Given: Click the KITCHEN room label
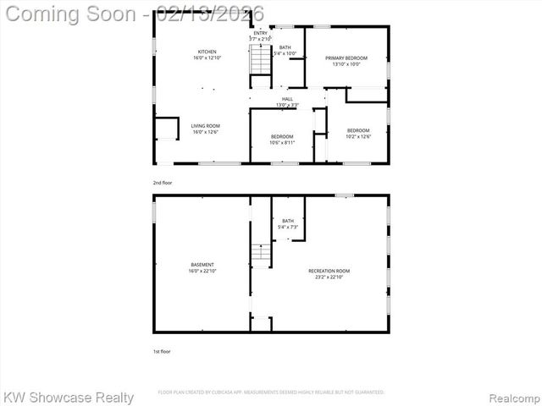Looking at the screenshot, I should (207, 52).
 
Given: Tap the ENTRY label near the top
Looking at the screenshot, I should (260, 33).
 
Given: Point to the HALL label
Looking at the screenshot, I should (287, 99).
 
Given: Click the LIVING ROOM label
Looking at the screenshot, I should (206, 126).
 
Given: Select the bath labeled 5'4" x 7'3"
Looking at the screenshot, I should (288, 224).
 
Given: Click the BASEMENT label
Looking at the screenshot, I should (202, 265).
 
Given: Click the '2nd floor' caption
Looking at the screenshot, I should (162, 182).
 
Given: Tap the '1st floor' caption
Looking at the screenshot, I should (161, 351).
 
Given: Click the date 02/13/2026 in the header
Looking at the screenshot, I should (216, 14).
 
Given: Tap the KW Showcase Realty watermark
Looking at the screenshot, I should (69, 397).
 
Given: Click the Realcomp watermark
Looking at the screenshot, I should (512, 397).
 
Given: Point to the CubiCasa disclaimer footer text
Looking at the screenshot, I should (271, 392).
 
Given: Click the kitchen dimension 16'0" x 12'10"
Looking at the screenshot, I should (207, 58).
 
